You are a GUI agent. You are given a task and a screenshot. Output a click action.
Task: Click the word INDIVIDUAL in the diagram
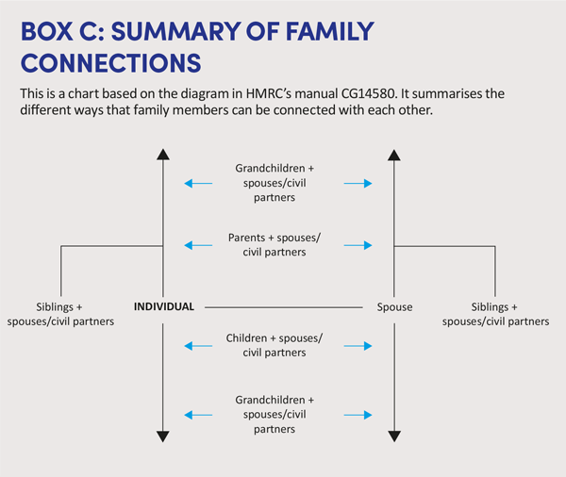pyautogui.click(x=164, y=306)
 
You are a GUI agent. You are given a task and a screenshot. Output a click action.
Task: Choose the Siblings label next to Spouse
pyautogui.click(x=496, y=314)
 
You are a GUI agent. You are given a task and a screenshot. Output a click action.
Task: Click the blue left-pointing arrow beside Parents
pyautogui.click(x=197, y=245)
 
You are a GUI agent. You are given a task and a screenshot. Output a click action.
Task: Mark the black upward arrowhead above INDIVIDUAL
pyautogui.click(x=163, y=155)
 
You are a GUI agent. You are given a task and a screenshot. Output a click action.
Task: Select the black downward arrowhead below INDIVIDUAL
pyautogui.click(x=163, y=436)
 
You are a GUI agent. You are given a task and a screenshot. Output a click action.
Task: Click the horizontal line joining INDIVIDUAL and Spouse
pyautogui.click(x=283, y=307)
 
